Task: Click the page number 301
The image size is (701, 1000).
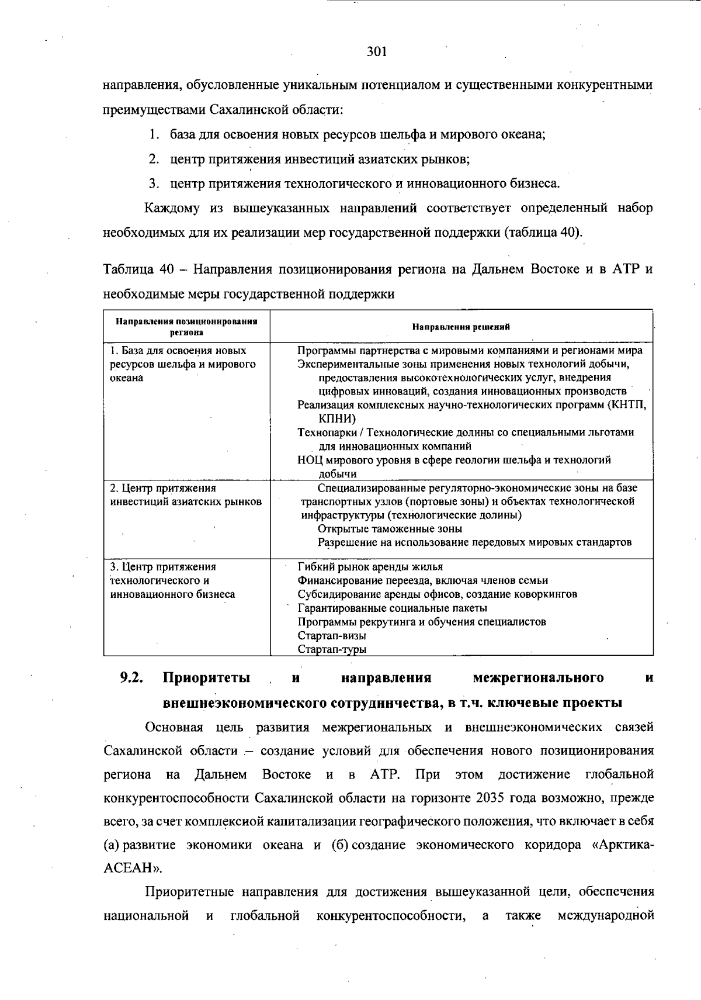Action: (377, 52)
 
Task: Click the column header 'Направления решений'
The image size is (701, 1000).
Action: (461, 327)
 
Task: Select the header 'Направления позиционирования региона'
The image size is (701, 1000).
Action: (186, 327)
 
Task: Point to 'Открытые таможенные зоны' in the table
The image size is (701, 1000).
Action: (390, 529)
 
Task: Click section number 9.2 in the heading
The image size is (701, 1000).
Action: (132, 678)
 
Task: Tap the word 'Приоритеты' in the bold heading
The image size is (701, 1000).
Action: (206, 678)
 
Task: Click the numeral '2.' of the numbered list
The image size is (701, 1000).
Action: (154, 159)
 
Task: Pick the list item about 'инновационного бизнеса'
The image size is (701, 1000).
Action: (365, 184)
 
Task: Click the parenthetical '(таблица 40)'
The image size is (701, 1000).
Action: (543, 232)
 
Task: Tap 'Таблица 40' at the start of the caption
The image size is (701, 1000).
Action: (138, 269)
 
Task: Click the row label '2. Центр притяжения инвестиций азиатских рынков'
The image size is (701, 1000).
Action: (186, 495)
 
